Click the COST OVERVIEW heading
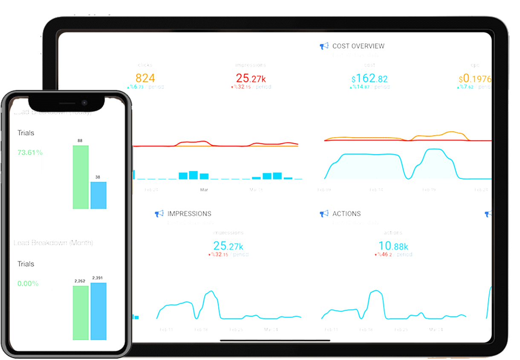[x=358, y=46]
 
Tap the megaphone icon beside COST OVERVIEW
[x=324, y=46]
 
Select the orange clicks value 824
[x=145, y=78]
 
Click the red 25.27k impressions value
[x=251, y=78]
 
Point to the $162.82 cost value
[x=370, y=78]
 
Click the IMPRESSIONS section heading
[x=189, y=214]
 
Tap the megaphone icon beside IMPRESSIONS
[x=159, y=214]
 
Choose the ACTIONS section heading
[x=346, y=214]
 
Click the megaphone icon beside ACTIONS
[x=324, y=214]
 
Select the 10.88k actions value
[x=393, y=246]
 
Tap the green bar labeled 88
[x=81, y=177]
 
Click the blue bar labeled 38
[x=98, y=195]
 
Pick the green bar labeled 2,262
[x=81, y=313]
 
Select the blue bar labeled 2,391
[x=98, y=311]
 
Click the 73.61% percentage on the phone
[x=30, y=153]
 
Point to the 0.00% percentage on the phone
[x=28, y=283]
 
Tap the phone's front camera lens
[x=84, y=103]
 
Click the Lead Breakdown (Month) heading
[x=53, y=243]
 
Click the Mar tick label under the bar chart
[x=204, y=190]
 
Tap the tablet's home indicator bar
[x=275, y=340]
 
